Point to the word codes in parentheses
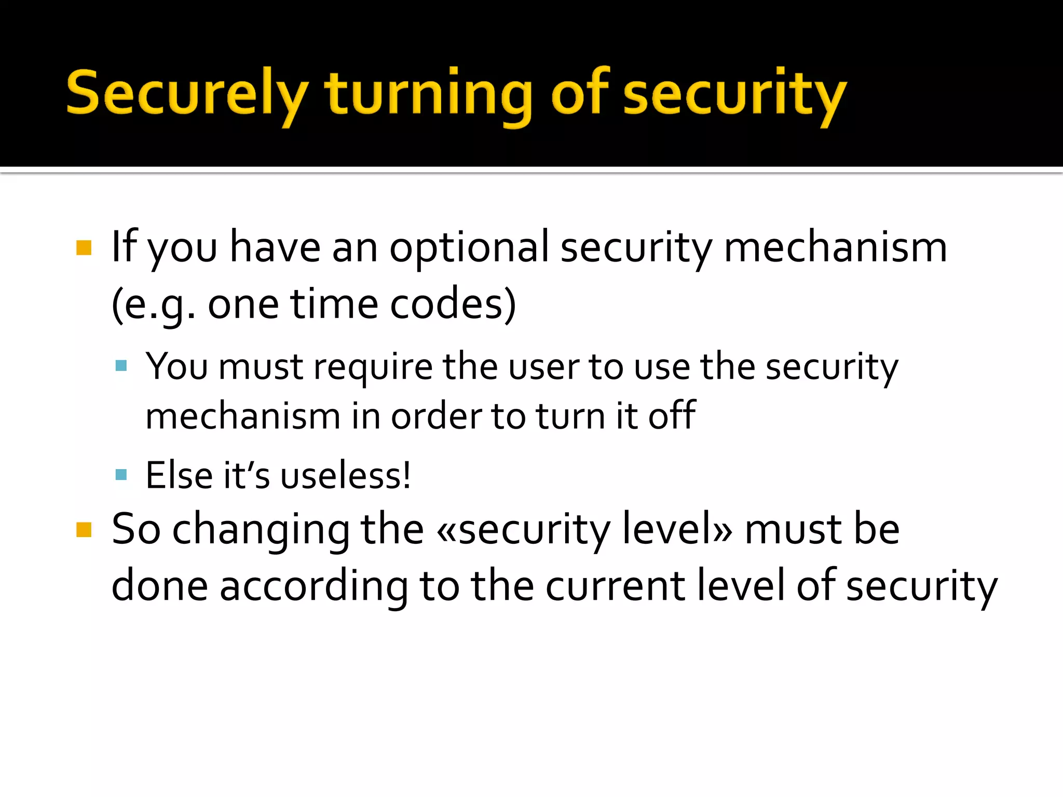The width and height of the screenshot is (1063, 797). click(453, 305)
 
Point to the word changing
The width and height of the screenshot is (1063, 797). click(261, 530)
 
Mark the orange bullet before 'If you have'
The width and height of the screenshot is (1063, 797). click(84, 248)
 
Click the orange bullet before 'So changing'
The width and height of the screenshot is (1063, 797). click(84, 530)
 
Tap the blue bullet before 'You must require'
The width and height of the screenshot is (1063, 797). click(121, 366)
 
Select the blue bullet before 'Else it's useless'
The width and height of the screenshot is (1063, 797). click(121, 474)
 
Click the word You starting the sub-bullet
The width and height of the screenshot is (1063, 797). click(176, 367)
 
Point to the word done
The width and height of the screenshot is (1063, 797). click(160, 586)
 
